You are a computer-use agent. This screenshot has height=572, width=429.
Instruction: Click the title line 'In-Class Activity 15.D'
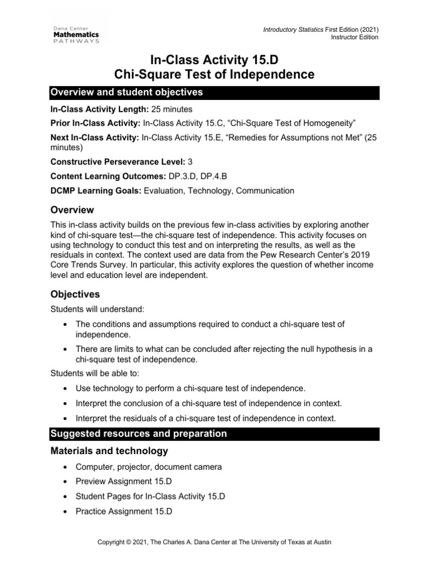(x=214, y=58)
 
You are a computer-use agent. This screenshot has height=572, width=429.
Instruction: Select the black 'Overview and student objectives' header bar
(x=214, y=92)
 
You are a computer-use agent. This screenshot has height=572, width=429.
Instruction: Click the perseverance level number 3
(x=190, y=162)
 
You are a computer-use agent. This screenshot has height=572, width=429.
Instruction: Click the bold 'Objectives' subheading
(x=75, y=294)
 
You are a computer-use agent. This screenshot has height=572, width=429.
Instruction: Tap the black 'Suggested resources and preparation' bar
(x=214, y=433)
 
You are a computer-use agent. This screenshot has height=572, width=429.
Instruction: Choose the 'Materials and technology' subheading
(x=109, y=451)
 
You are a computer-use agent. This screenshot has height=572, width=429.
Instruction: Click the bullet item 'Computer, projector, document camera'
(x=148, y=466)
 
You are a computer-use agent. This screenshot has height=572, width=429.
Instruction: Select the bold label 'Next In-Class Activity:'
(x=95, y=136)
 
